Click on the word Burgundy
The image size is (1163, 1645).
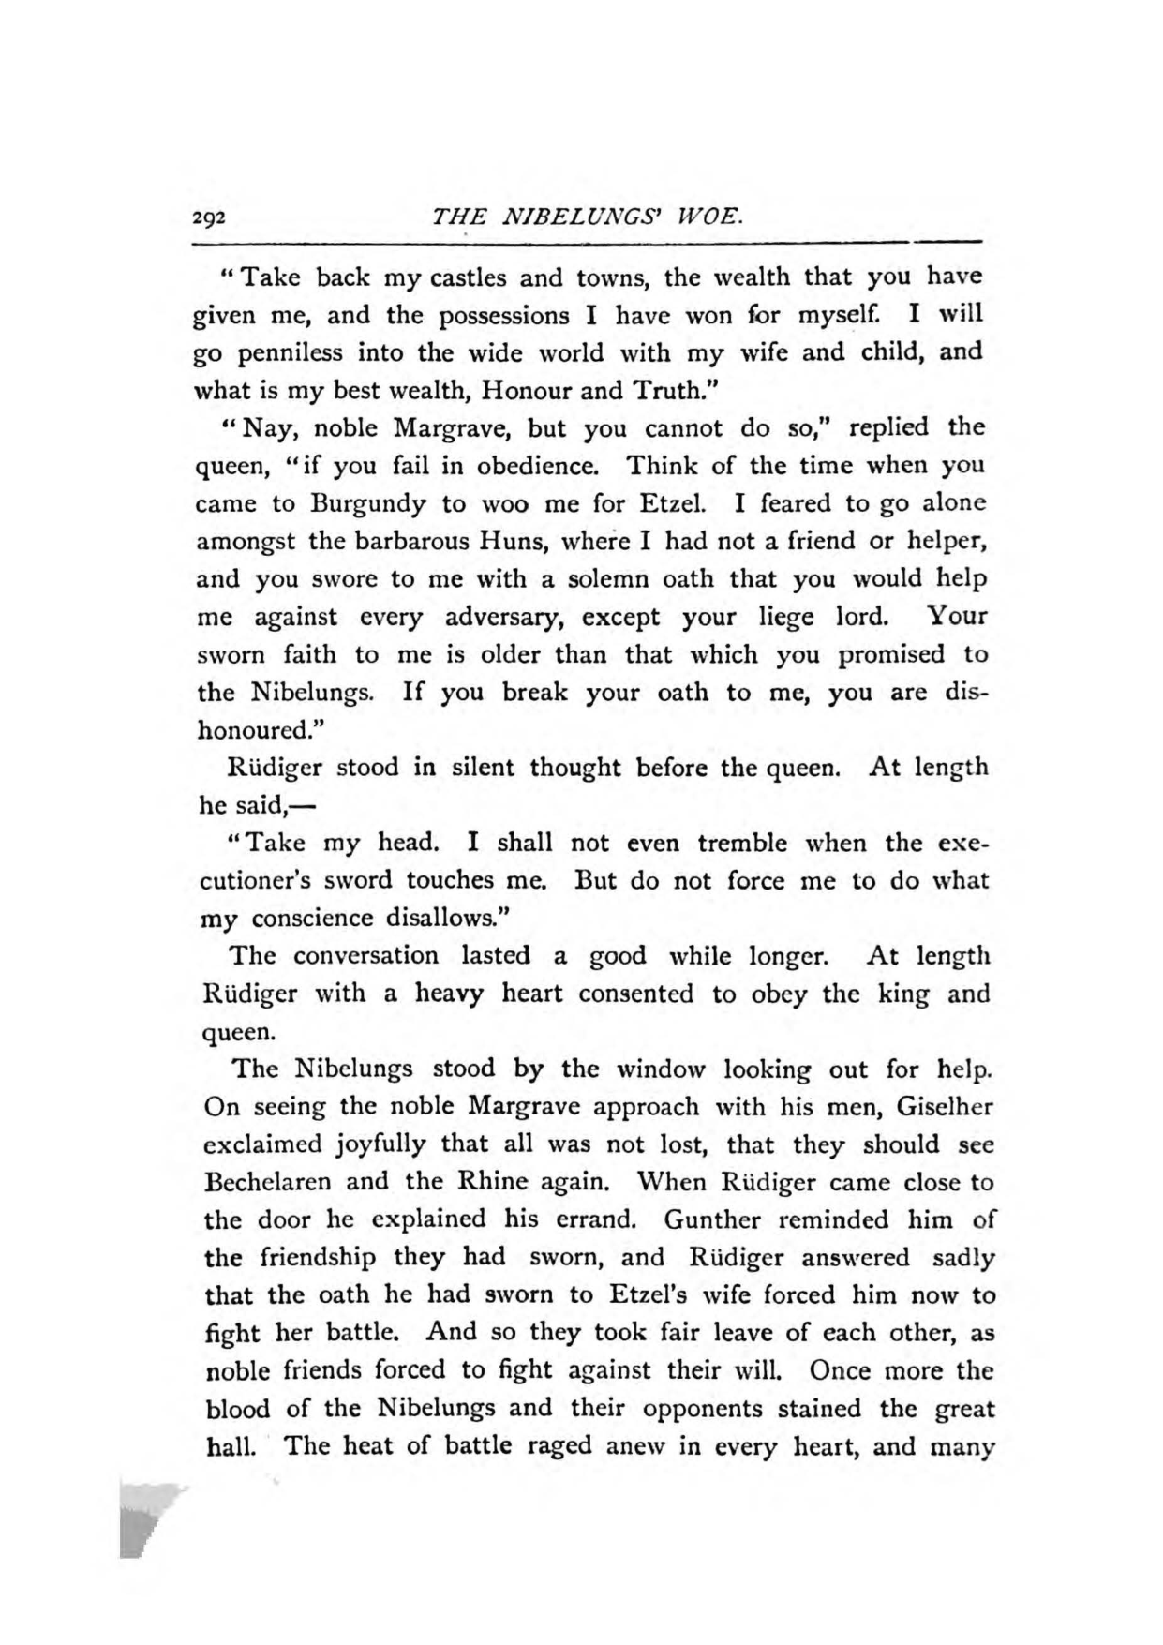coord(368,503)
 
